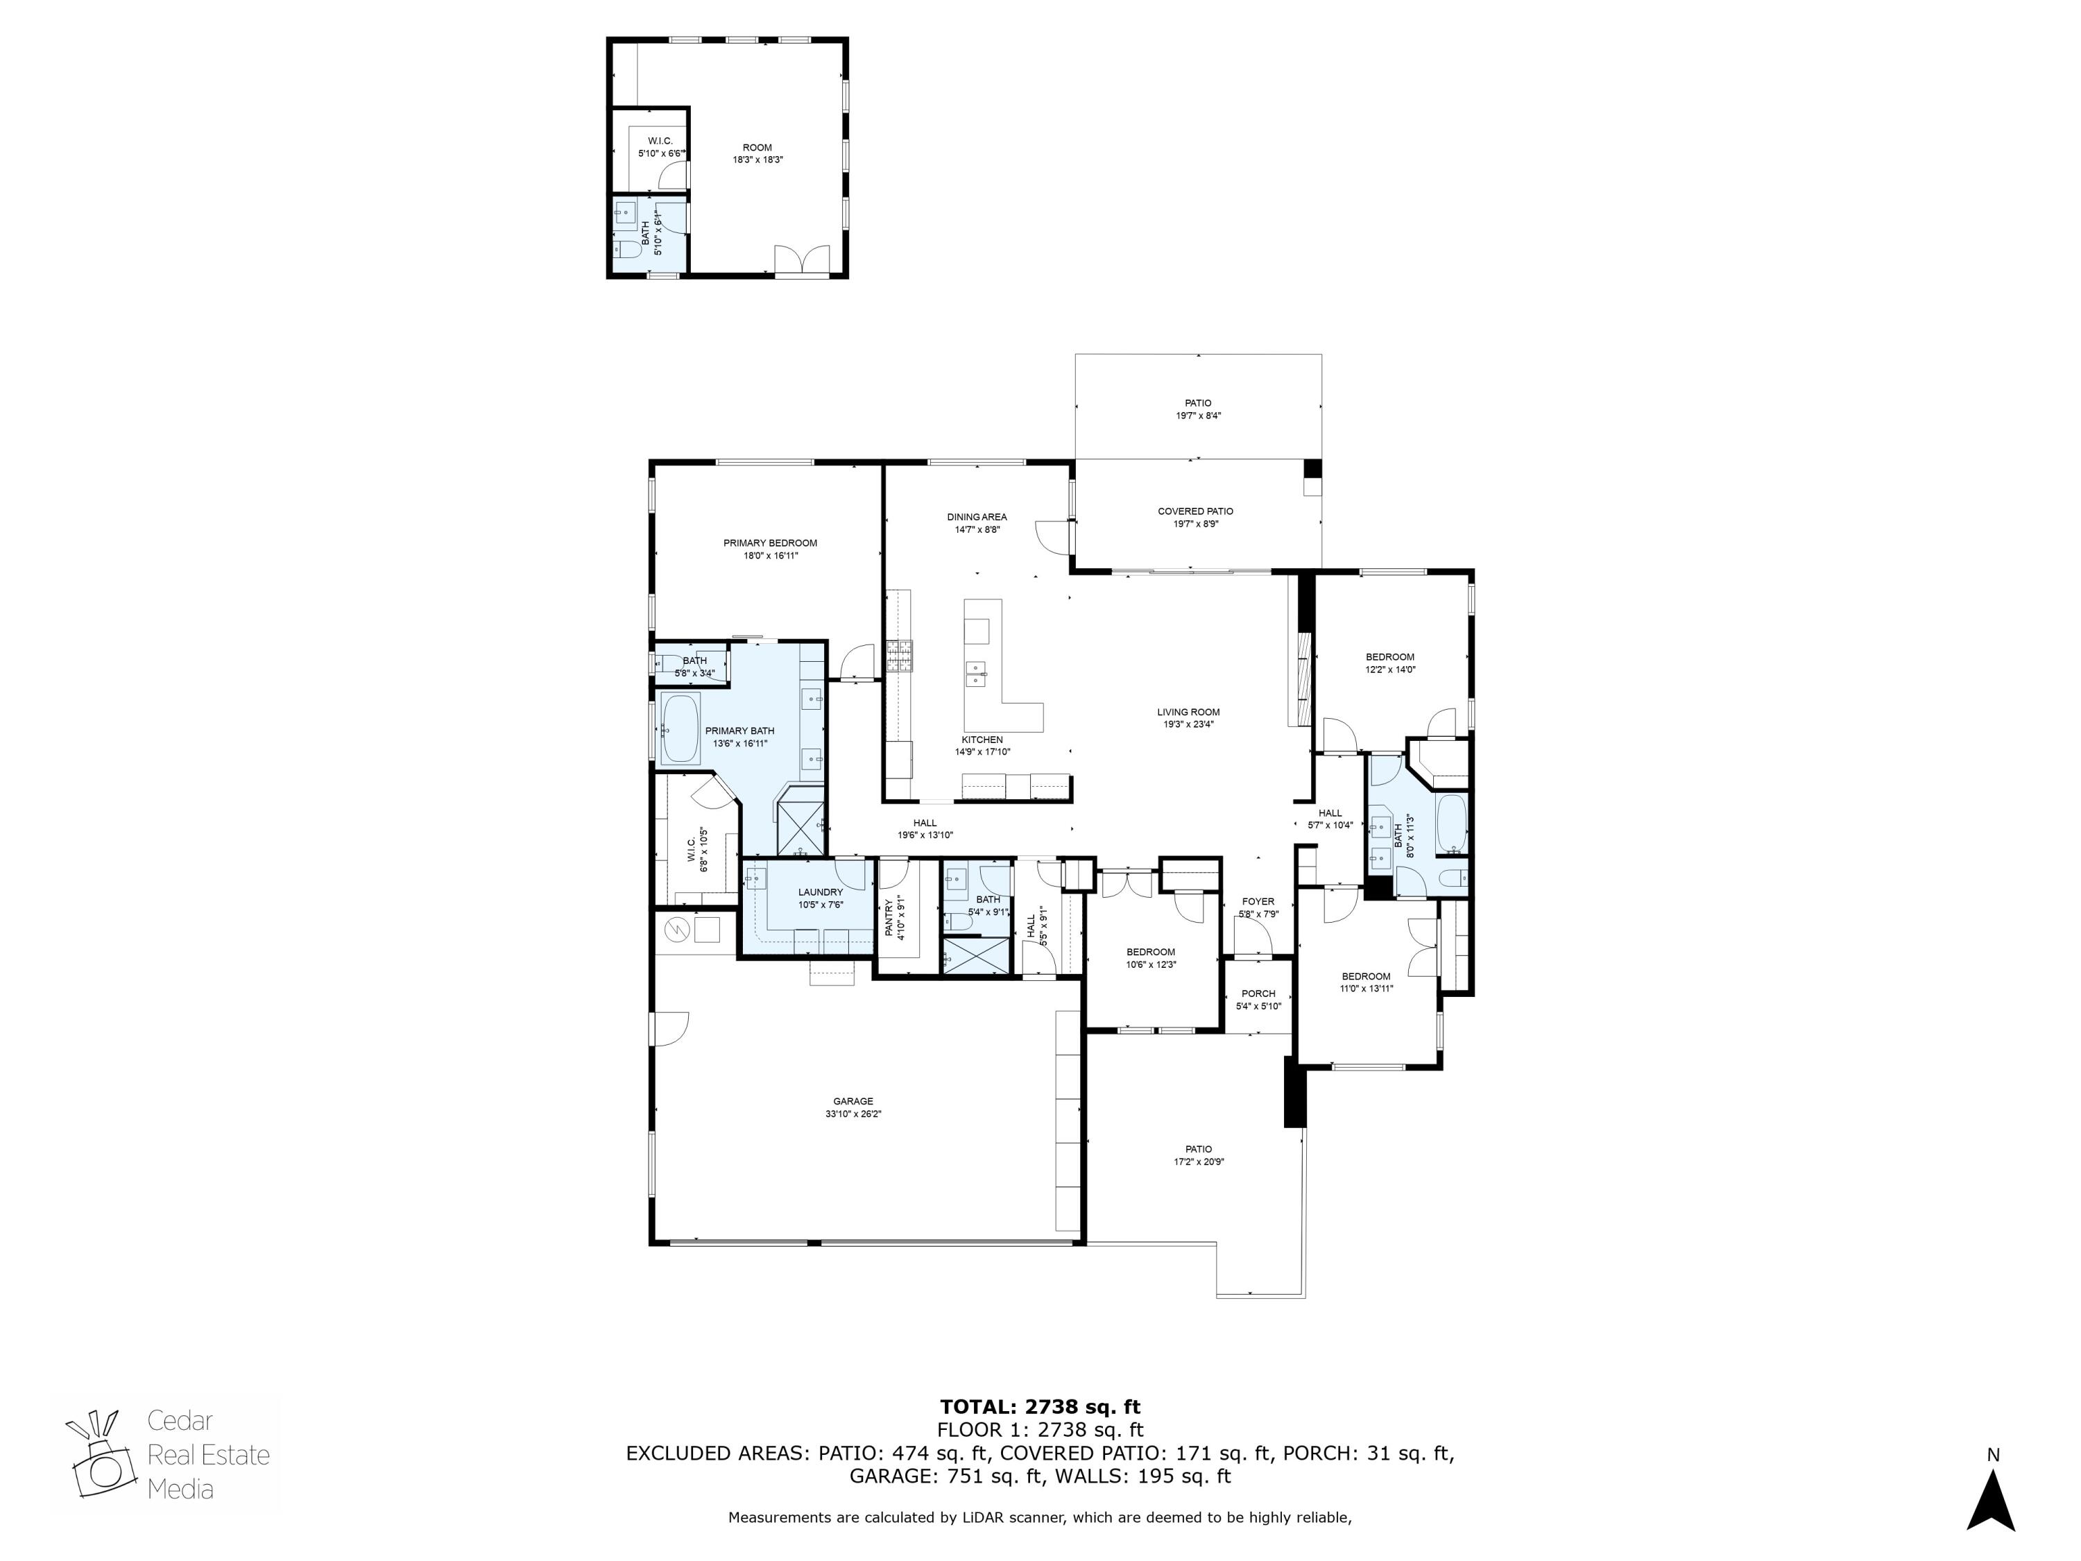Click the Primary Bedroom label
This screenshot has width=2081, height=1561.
[x=769, y=543]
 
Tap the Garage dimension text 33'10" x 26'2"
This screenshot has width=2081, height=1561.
[x=853, y=1114]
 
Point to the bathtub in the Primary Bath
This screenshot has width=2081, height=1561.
[x=679, y=729]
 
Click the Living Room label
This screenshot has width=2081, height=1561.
[x=1188, y=713]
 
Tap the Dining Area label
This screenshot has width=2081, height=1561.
[x=977, y=517]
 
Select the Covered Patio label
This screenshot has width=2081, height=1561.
[x=1194, y=511]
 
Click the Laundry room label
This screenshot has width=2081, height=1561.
[x=821, y=892]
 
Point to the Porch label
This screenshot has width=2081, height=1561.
[x=1258, y=993]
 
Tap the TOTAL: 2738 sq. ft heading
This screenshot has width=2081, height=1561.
[x=1040, y=1407]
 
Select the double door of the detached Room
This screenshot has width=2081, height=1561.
[x=802, y=259]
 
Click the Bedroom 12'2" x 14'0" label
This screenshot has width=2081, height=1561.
[x=1389, y=657]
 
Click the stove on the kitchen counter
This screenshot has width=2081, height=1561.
[x=898, y=656]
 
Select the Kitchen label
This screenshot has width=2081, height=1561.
[x=982, y=740]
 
